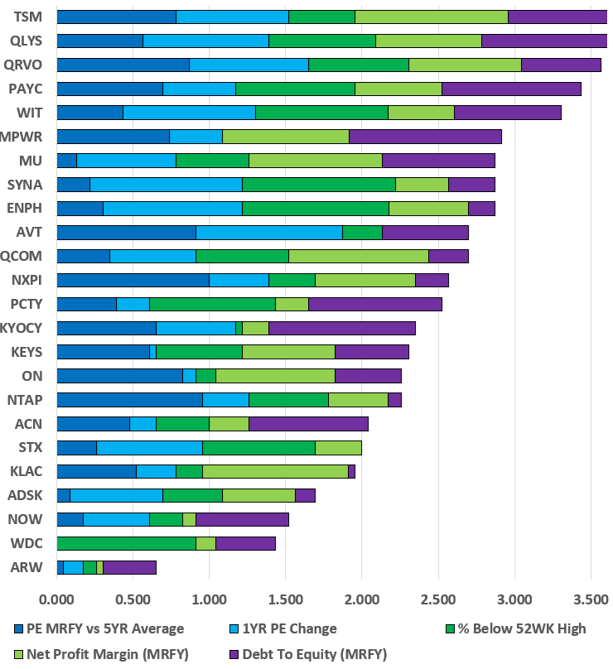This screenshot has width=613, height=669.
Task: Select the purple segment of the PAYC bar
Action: click(511, 89)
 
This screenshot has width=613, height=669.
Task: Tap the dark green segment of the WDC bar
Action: click(126, 543)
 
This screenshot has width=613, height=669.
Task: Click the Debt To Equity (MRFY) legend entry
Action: click(308, 653)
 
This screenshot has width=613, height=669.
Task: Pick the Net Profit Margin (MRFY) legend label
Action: click(107, 653)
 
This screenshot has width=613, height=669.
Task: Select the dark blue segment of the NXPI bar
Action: click(133, 280)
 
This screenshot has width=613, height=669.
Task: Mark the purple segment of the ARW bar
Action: click(129, 567)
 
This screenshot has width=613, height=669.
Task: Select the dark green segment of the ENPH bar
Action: click(315, 209)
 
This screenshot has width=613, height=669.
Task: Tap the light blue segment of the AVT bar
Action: click(268, 233)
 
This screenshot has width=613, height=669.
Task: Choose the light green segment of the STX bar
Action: click(338, 448)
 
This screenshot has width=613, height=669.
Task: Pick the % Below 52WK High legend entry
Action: click(524, 628)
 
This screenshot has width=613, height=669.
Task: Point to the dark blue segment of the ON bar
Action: click(119, 376)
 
